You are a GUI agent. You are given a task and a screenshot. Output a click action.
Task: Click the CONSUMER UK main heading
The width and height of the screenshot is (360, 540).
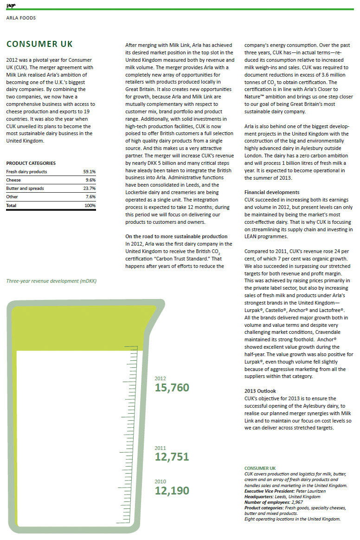pos(39,45)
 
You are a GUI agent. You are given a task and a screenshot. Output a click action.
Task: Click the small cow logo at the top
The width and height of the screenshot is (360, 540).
pos(10,5)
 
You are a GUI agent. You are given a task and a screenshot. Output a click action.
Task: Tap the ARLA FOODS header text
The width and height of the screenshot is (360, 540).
pos(21,18)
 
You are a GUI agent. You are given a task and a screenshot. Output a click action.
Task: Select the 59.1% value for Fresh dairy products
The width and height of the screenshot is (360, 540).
pos(89,172)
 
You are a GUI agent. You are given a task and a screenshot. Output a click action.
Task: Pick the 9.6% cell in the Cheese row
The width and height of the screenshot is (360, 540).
pos(90,180)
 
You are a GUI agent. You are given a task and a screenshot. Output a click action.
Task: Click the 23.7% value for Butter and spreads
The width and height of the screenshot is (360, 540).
pos(89,189)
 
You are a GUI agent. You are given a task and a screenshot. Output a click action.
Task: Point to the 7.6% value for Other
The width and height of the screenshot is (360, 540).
pos(90,197)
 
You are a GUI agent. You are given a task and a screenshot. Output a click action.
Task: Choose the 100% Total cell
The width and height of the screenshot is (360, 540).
pos(90,205)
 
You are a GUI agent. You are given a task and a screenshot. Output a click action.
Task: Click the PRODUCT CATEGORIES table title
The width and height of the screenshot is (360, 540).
pos(31,163)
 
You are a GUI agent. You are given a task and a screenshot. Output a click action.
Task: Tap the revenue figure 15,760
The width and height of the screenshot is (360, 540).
pos(172,388)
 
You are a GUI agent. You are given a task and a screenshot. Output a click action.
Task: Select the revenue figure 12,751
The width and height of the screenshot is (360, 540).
pos(172,457)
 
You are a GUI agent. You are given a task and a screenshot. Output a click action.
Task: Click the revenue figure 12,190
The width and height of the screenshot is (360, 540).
pos(172,490)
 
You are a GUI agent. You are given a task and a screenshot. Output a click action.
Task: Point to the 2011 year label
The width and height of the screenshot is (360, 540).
pos(160,448)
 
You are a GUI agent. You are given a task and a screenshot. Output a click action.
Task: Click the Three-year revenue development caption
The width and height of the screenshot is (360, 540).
pos(51,281)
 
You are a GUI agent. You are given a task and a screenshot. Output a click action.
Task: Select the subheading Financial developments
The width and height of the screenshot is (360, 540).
pos(272,192)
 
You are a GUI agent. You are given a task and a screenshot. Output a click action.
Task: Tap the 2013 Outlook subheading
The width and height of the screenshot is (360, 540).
pos(260,391)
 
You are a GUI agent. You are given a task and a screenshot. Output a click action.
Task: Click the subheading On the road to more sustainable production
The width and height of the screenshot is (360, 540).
pos(176,236)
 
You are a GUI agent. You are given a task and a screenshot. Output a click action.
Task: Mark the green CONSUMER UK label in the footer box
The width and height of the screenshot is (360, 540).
pos(260,468)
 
